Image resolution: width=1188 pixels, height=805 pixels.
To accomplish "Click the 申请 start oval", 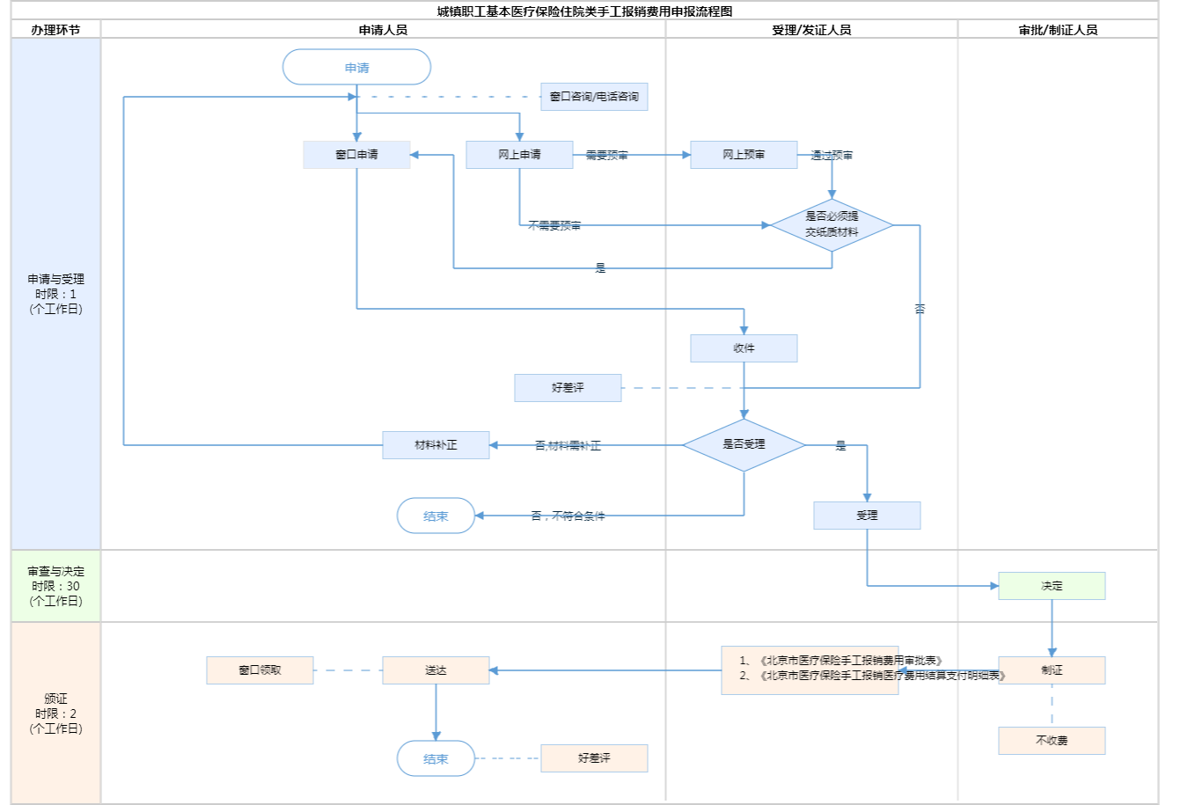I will tap(356, 68).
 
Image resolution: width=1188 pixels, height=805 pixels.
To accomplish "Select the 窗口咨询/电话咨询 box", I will tap(594, 97).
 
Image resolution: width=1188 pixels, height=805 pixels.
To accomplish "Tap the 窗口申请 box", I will tap(356, 155).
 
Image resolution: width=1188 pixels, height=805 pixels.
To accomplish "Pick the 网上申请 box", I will tap(519, 155).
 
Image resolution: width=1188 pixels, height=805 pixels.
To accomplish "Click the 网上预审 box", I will tap(744, 155).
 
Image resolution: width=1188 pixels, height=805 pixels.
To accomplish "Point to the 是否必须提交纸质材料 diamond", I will tap(832, 225).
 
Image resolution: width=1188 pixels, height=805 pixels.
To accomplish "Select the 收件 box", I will tap(744, 348).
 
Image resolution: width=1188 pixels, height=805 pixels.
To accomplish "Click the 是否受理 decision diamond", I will tap(744, 445).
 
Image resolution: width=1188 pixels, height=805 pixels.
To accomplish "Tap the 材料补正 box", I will tap(436, 445).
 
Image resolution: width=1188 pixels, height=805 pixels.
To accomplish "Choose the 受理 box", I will tap(867, 516).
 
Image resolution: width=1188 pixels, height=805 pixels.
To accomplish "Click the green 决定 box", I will tap(1052, 586).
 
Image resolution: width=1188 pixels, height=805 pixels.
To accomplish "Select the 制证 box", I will tap(1052, 670).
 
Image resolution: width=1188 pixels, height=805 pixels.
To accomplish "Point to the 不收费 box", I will tap(1052, 741).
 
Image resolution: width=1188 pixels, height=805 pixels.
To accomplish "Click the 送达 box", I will tap(436, 670).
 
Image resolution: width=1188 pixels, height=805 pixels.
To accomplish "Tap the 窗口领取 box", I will tap(260, 670).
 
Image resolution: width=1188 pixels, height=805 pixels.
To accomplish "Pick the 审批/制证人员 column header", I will tap(1058, 30).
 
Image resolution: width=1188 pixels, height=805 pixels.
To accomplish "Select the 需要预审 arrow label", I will tap(607, 156).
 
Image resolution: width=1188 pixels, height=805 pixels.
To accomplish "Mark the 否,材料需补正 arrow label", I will tap(568, 446).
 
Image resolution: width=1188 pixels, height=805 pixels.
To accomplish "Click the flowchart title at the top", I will tap(584, 11).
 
